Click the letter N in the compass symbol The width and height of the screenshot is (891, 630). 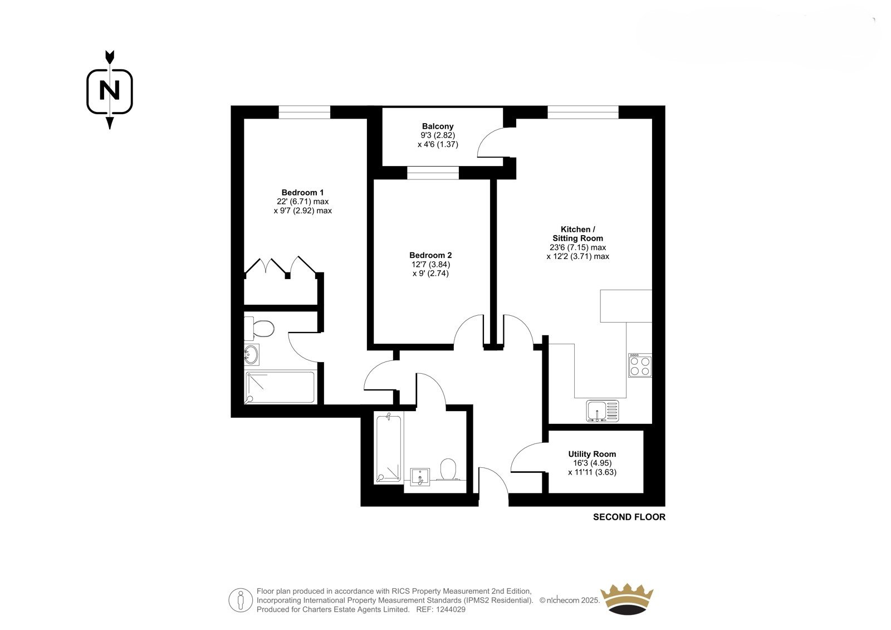(x=109, y=91)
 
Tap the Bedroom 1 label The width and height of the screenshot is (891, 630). (x=302, y=193)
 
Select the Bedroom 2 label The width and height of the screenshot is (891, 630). (x=430, y=255)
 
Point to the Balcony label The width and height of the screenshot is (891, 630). (x=438, y=126)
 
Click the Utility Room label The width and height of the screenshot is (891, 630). (x=592, y=454)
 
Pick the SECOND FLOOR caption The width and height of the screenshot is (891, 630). (x=629, y=517)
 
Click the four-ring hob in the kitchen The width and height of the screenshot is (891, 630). (x=640, y=365)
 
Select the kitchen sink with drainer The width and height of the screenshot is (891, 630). (x=603, y=411)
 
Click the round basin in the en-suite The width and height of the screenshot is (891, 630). (x=251, y=354)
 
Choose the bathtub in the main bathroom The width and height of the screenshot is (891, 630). (x=389, y=448)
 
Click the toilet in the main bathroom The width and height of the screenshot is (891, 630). (x=449, y=470)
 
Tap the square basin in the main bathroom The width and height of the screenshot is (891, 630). (x=420, y=477)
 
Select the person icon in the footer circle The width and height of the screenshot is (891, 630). (x=240, y=600)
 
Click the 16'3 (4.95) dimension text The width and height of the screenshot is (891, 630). (x=593, y=463)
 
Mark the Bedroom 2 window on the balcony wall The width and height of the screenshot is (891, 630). (x=433, y=173)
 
